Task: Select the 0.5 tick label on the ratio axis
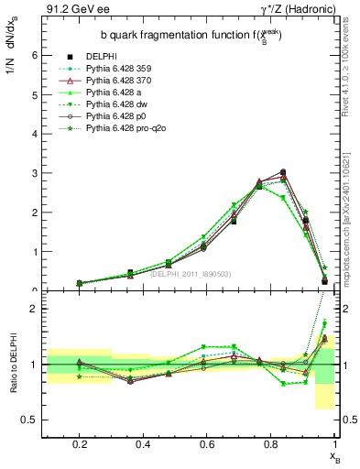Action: [x=29, y=420]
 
